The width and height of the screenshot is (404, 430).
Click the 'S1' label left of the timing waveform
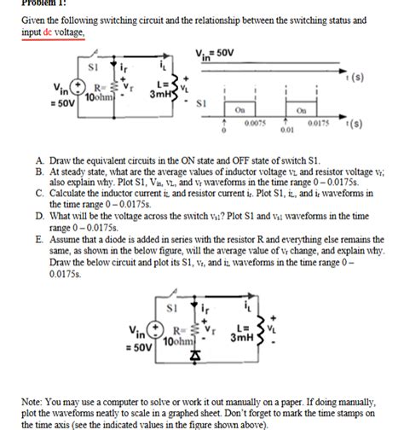(x=202, y=102)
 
